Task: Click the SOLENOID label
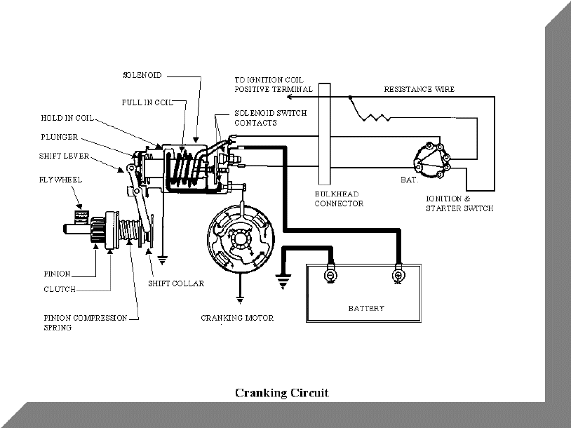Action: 142,75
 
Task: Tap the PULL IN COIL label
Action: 147,102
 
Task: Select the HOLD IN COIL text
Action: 67,118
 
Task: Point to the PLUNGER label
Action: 60,137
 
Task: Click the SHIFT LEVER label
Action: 64,156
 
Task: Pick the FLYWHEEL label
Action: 60,180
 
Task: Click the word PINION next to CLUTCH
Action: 57,274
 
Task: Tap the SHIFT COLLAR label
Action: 176,283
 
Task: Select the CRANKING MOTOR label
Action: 237,318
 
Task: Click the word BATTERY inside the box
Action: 366,308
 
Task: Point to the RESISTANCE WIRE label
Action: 419,89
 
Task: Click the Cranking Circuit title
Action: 282,393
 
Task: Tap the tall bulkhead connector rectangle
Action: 325,134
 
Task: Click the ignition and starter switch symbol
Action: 432,160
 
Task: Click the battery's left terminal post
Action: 330,274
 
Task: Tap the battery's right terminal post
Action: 397,275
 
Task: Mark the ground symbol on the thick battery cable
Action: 283,281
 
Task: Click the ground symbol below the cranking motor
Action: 240,300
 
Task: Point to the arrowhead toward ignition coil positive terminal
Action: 290,97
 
